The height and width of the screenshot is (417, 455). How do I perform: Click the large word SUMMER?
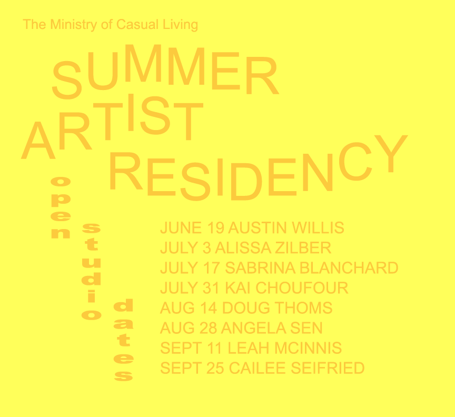pyautogui.click(x=165, y=71)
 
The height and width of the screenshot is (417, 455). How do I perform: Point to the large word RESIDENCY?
pyautogui.click(x=258, y=168)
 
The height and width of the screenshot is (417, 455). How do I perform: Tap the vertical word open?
pyautogui.click(x=61, y=207)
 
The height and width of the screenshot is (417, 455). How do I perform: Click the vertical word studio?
pyautogui.click(x=92, y=272)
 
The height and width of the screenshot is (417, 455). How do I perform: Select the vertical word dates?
pyautogui.click(x=123, y=340)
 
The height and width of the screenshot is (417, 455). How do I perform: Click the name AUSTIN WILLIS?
pyautogui.click(x=286, y=227)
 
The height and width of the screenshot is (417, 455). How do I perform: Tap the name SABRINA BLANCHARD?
pyautogui.click(x=312, y=268)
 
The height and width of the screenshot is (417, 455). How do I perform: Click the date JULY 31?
pyautogui.click(x=190, y=288)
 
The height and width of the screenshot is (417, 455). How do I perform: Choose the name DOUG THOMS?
pyautogui.click(x=277, y=308)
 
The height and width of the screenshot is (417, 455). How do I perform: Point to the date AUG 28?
pyautogui.click(x=189, y=328)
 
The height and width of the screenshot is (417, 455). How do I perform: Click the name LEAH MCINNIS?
pyautogui.click(x=285, y=348)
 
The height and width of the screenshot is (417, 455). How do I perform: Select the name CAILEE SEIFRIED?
pyautogui.click(x=296, y=368)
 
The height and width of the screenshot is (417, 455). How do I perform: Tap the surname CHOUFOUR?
pyautogui.click(x=302, y=288)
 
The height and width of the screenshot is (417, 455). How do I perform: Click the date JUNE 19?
pyautogui.click(x=192, y=227)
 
